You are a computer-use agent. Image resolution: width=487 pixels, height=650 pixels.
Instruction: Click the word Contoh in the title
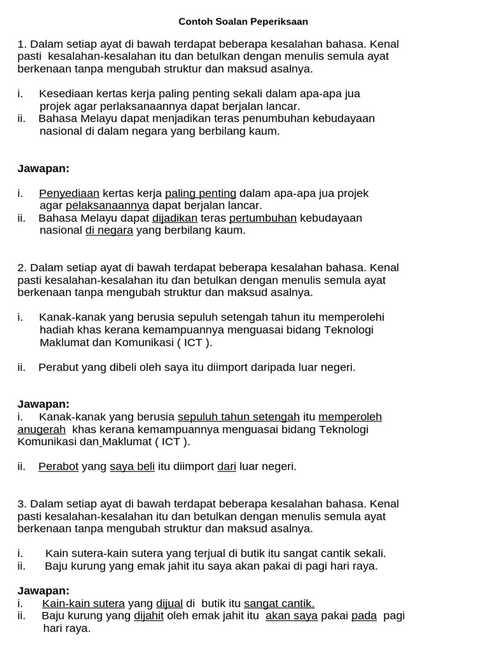(x=195, y=22)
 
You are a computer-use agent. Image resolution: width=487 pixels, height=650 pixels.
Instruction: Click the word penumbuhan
(x=273, y=119)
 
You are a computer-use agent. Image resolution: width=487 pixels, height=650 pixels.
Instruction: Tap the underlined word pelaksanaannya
(x=107, y=206)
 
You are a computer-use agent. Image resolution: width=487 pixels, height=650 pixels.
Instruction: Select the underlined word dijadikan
(x=175, y=218)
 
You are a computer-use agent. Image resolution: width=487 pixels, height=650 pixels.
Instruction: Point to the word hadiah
(x=56, y=329)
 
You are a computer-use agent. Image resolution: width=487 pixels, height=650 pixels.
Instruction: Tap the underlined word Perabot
(x=58, y=467)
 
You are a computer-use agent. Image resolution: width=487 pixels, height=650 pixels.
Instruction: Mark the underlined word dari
(x=226, y=467)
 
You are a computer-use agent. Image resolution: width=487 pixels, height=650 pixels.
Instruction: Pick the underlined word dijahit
(x=148, y=616)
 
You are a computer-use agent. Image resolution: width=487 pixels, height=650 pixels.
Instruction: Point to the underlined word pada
(x=363, y=616)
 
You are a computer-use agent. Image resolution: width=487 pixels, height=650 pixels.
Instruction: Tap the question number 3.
(x=21, y=504)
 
